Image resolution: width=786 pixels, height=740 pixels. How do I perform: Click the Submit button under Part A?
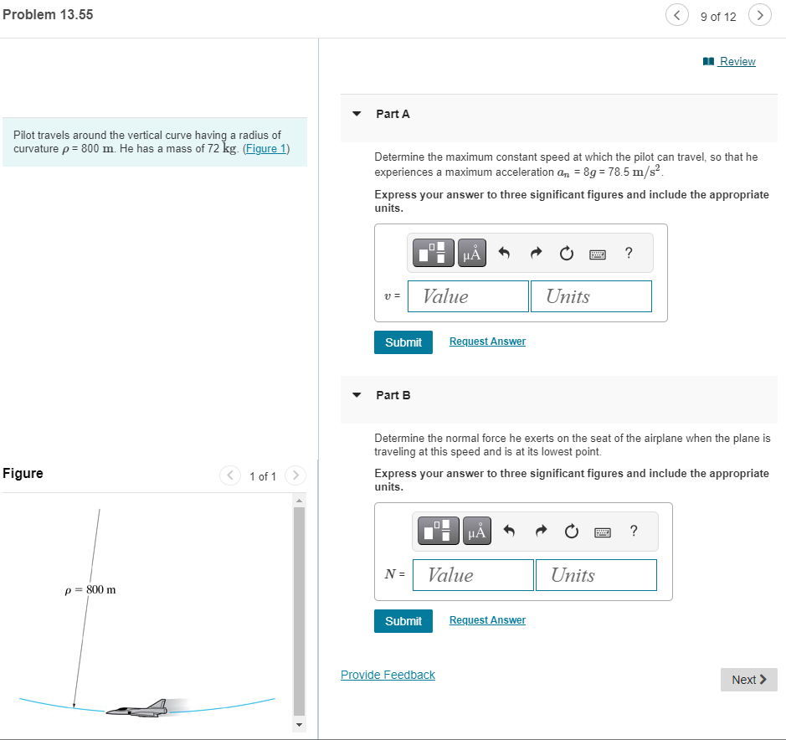pyautogui.click(x=403, y=342)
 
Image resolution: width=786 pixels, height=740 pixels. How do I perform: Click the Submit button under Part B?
pyautogui.click(x=403, y=621)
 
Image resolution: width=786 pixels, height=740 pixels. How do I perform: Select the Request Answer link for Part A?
pyautogui.click(x=487, y=342)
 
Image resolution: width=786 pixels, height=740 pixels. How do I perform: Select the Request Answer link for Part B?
pyautogui.click(x=487, y=620)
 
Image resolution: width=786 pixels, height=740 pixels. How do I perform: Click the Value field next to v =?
pyautogui.click(x=468, y=296)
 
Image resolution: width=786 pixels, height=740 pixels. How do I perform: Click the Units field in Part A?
pyautogui.click(x=591, y=296)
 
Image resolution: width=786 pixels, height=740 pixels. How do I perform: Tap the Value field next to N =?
pyautogui.click(x=473, y=575)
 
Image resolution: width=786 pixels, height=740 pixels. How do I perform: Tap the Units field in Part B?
pyautogui.click(x=596, y=575)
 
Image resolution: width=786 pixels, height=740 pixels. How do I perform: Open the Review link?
pyautogui.click(x=737, y=61)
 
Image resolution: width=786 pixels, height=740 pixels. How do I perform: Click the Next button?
pyautogui.click(x=748, y=680)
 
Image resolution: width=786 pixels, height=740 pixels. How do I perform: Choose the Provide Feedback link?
pyautogui.click(x=388, y=675)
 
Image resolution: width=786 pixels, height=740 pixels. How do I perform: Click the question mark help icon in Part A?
pyautogui.click(x=629, y=253)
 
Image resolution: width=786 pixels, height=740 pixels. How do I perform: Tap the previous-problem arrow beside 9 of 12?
pyautogui.click(x=676, y=15)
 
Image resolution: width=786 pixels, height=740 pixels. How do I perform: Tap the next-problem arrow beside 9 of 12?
pyautogui.click(x=759, y=15)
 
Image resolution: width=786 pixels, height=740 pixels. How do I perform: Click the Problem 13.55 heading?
pyautogui.click(x=48, y=15)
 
